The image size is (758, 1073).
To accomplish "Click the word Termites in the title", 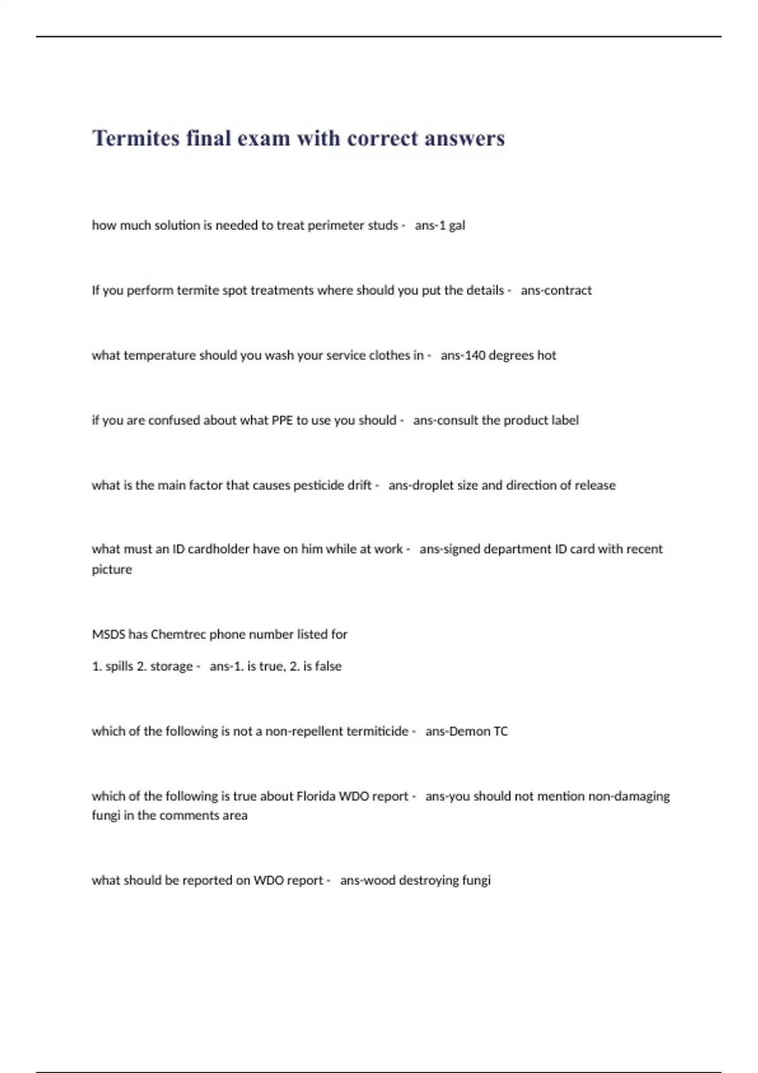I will tap(136, 138).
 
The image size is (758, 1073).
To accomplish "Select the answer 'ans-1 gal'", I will tap(440, 225).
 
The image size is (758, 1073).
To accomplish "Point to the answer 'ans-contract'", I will tap(556, 290).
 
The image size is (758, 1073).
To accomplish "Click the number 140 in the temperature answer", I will tap(475, 355).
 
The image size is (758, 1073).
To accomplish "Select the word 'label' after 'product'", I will tap(564, 420).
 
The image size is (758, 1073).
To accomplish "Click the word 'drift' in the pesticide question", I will tap(359, 485).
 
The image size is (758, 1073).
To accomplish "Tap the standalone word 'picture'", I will tap(112, 569).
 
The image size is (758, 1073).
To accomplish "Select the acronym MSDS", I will tap(108, 634).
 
